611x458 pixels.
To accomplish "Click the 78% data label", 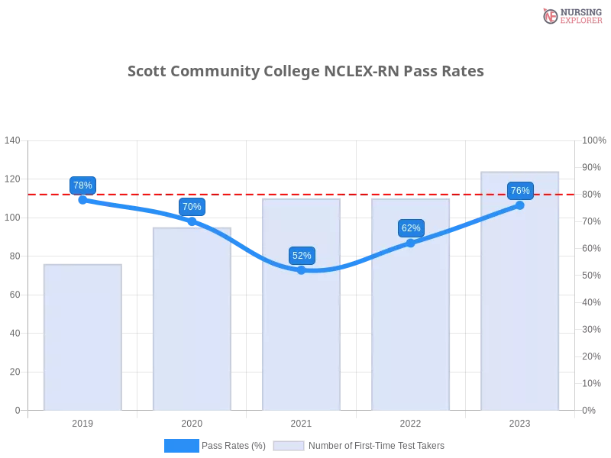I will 82,185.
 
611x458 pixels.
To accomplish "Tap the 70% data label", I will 192,207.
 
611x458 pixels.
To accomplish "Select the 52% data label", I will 302,256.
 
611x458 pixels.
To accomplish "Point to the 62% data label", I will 411,228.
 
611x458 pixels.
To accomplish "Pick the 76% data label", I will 520,191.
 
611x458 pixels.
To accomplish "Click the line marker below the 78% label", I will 82,200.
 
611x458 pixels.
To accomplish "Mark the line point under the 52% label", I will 302,269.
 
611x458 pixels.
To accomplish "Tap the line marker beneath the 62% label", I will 411,243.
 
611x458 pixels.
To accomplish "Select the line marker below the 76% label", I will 520,205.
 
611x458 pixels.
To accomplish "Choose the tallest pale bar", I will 520,305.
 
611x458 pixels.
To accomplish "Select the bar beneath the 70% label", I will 192,321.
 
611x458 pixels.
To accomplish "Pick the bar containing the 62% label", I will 411,328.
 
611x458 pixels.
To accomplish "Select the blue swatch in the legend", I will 181,445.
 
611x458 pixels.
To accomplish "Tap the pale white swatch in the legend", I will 289,445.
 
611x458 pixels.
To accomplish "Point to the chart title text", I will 305,73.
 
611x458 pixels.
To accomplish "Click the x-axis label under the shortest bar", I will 82,421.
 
